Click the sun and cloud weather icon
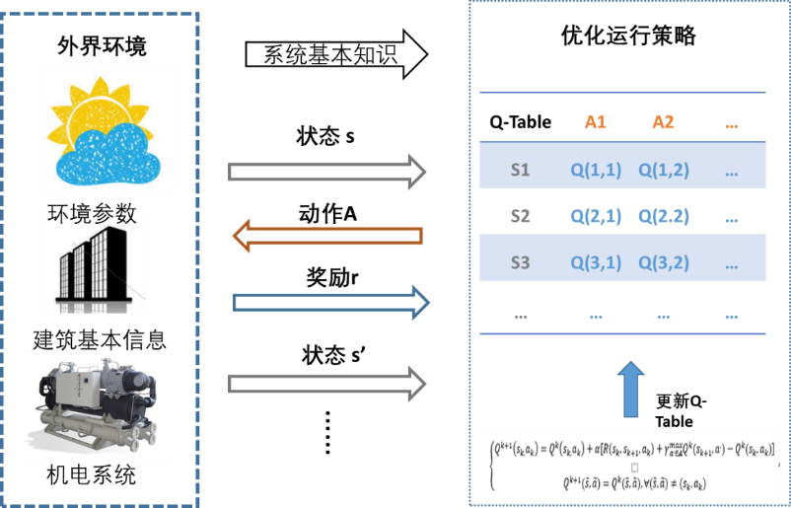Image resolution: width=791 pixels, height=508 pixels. point(108,128)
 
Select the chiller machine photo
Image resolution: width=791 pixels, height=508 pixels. point(97,404)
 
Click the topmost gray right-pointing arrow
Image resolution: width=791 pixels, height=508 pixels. point(326,172)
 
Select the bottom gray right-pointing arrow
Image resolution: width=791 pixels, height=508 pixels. point(326,382)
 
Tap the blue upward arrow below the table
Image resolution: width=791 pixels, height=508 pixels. point(631,387)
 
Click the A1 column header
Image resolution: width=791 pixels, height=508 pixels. point(595,122)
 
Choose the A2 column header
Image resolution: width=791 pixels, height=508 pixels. point(663,122)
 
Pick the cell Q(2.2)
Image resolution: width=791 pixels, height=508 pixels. point(663,216)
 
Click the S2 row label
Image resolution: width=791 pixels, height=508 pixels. point(521,216)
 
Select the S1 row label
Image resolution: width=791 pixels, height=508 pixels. point(521,170)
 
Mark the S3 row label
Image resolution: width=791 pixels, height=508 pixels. point(521,262)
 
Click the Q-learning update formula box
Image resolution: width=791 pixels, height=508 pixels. point(631,464)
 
